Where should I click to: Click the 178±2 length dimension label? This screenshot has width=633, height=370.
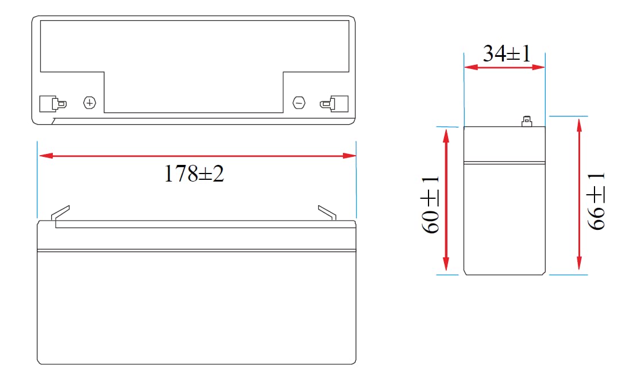[194, 174]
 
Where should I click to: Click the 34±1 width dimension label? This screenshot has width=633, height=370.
[507, 53]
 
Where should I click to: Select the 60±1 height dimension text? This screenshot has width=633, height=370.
[430, 205]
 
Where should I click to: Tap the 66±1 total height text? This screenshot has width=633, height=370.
[596, 202]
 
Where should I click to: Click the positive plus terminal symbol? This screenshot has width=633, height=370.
[90, 103]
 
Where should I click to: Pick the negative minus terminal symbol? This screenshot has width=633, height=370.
[299, 103]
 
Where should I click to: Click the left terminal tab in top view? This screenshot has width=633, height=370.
[53, 104]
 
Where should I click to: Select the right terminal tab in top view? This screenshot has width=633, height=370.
[334, 104]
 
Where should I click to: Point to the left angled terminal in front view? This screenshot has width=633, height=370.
[60, 213]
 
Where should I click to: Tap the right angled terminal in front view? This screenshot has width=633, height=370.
[327, 213]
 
